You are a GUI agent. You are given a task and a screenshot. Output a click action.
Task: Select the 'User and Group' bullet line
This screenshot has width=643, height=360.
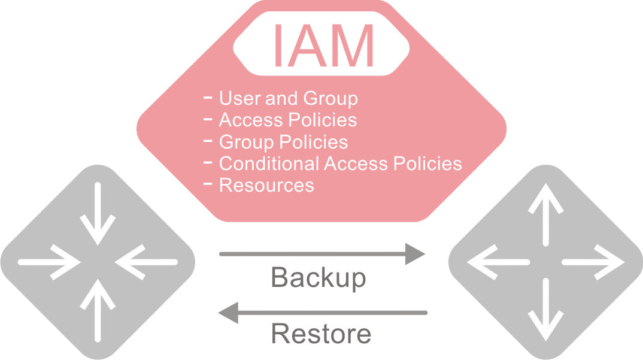click(288, 98)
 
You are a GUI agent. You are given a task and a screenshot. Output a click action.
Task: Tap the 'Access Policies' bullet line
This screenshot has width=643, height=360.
click(287, 120)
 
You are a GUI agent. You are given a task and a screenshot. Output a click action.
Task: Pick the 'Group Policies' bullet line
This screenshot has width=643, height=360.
click(283, 142)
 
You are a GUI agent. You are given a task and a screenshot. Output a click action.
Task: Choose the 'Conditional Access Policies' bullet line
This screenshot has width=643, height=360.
click(340, 164)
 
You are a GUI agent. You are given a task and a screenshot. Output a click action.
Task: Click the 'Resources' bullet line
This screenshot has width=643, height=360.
click(266, 185)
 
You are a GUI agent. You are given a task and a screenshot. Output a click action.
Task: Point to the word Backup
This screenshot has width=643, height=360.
click(319, 277)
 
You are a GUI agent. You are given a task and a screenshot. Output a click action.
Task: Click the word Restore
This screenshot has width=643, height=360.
click(321, 333)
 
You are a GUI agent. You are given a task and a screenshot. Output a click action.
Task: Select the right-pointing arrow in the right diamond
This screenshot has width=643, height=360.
click(593, 262)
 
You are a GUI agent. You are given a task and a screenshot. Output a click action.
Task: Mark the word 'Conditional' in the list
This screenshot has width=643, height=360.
click(269, 164)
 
